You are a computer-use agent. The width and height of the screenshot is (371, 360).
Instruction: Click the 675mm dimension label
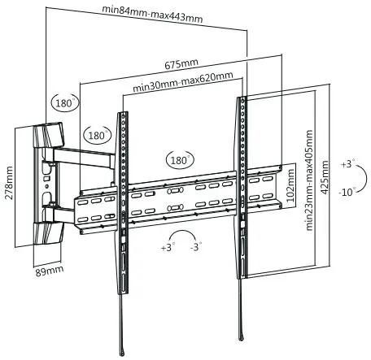pos(181,64)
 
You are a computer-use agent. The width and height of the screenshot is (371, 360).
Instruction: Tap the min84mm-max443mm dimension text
pos(152,14)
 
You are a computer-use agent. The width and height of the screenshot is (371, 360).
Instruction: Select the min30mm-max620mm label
pos(183,82)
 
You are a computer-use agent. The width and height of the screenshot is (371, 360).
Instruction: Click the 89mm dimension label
pos(50,271)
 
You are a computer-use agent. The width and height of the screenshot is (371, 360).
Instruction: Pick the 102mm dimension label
pos(290,185)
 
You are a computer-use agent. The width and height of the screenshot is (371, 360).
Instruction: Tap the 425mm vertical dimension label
pos(324,177)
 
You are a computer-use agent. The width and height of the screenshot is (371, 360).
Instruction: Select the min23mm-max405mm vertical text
pos(309,180)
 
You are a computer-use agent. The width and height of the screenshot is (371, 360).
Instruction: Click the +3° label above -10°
pos(349,164)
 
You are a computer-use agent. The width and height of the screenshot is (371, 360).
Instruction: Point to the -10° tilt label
pos(347,192)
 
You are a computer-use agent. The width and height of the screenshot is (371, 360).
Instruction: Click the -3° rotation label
pos(196,247)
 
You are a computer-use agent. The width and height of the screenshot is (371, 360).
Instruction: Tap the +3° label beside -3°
pos(168,247)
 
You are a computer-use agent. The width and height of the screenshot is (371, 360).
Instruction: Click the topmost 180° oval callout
pos(65,102)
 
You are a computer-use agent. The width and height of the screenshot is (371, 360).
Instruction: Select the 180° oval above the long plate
pos(180,160)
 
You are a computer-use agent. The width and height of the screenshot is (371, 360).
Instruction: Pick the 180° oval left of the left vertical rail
pos(98,135)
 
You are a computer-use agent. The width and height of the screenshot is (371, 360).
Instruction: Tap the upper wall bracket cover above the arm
pos(48,135)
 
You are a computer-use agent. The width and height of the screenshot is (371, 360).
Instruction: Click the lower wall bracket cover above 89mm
pos(48,232)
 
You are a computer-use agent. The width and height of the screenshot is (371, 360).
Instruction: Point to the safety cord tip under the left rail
pos(123,353)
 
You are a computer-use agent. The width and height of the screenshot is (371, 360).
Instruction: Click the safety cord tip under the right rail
pos(242,337)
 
